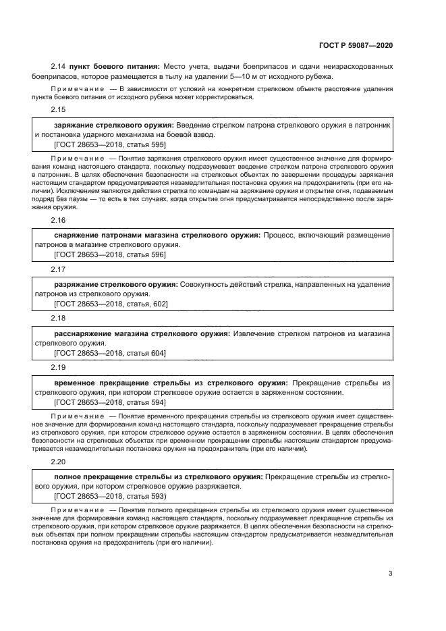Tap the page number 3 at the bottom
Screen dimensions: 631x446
tap(390, 574)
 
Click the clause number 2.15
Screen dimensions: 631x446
tap(58, 109)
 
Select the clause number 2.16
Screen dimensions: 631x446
tap(58, 220)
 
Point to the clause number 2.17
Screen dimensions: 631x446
tap(58, 269)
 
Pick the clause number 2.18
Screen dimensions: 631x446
tap(58, 317)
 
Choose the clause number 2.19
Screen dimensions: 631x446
tap(58, 366)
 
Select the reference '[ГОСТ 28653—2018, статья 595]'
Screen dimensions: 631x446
tap(109, 144)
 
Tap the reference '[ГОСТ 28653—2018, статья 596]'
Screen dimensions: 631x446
tap(109, 254)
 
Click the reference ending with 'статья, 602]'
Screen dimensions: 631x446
tap(111, 304)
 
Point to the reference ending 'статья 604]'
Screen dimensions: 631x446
tap(109, 353)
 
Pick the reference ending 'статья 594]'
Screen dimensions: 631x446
tap(109, 402)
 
